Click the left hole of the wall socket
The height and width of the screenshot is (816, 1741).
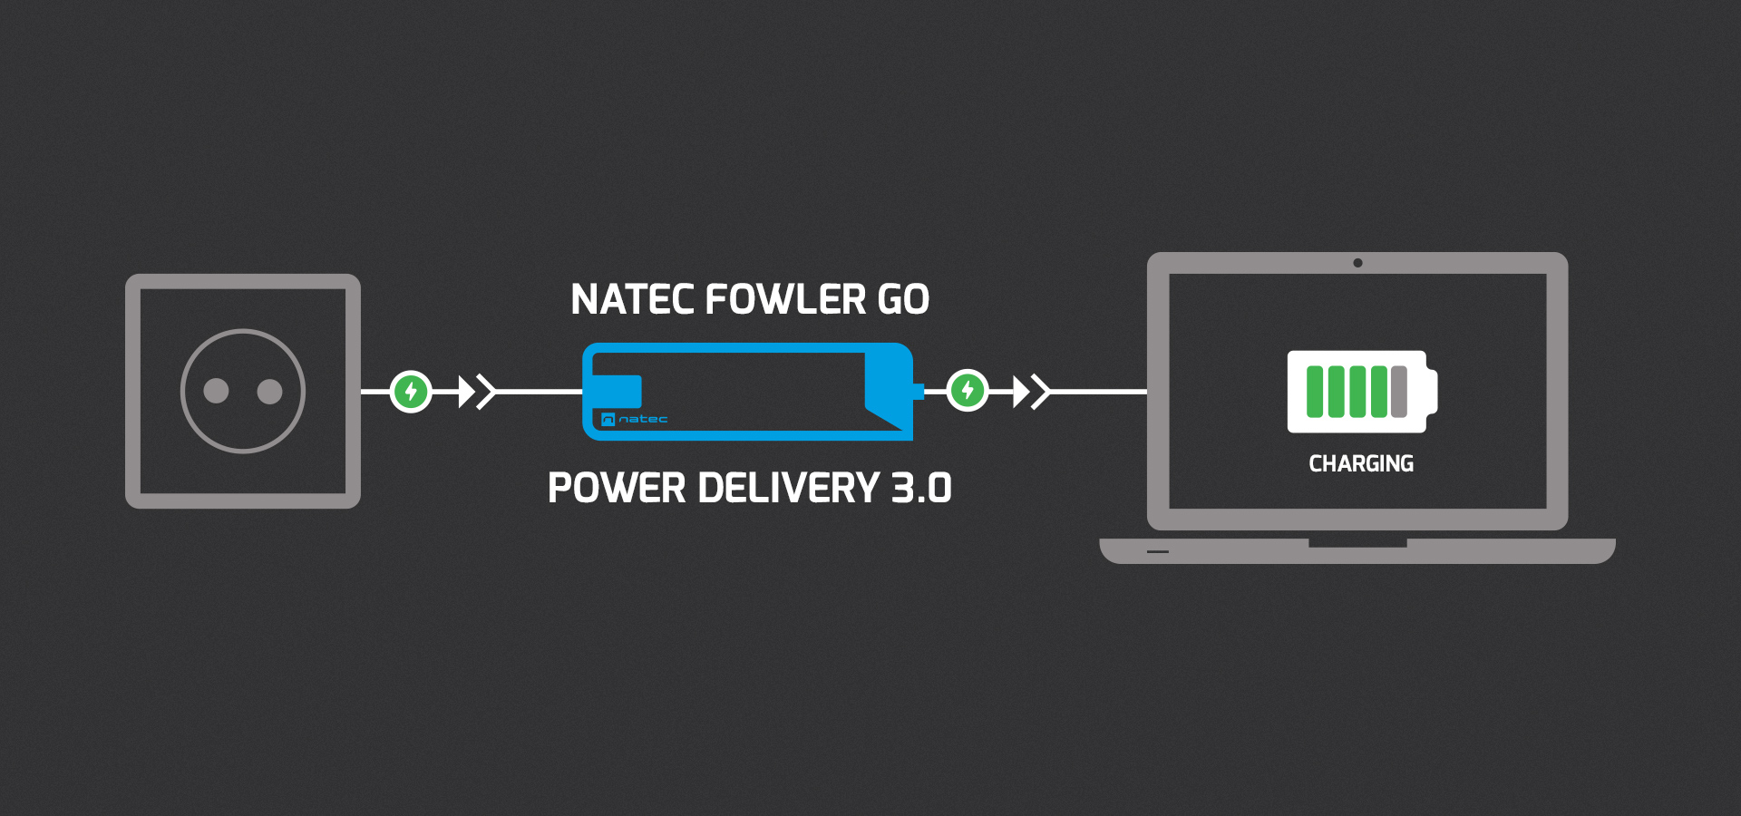tap(216, 391)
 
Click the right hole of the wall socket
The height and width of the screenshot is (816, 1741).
tap(270, 391)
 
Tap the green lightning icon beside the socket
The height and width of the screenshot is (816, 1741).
tap(411, 392)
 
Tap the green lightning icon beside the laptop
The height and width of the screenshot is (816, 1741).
tap(968, 391)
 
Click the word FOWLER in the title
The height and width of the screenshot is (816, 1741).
tap(785, 300)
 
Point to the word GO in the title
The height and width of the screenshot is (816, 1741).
tap(903, 300)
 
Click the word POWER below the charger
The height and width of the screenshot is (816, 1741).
tap(617, 489)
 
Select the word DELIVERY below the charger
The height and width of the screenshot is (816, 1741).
tap(789, 489)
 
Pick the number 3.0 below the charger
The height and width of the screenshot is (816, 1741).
tap(921, 489)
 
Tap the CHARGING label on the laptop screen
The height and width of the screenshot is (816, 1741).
tap(1361, 464)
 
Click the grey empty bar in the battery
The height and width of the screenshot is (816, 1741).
tap(1399, 392)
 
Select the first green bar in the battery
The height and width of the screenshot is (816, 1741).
tap(1315, 392)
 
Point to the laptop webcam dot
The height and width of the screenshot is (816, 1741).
tap(1357, 263)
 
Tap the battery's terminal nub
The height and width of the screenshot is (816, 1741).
tap(1432, 392)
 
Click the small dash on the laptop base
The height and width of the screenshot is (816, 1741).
tap(1158, 551)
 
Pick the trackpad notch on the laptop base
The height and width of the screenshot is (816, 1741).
tap(1357, 543)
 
